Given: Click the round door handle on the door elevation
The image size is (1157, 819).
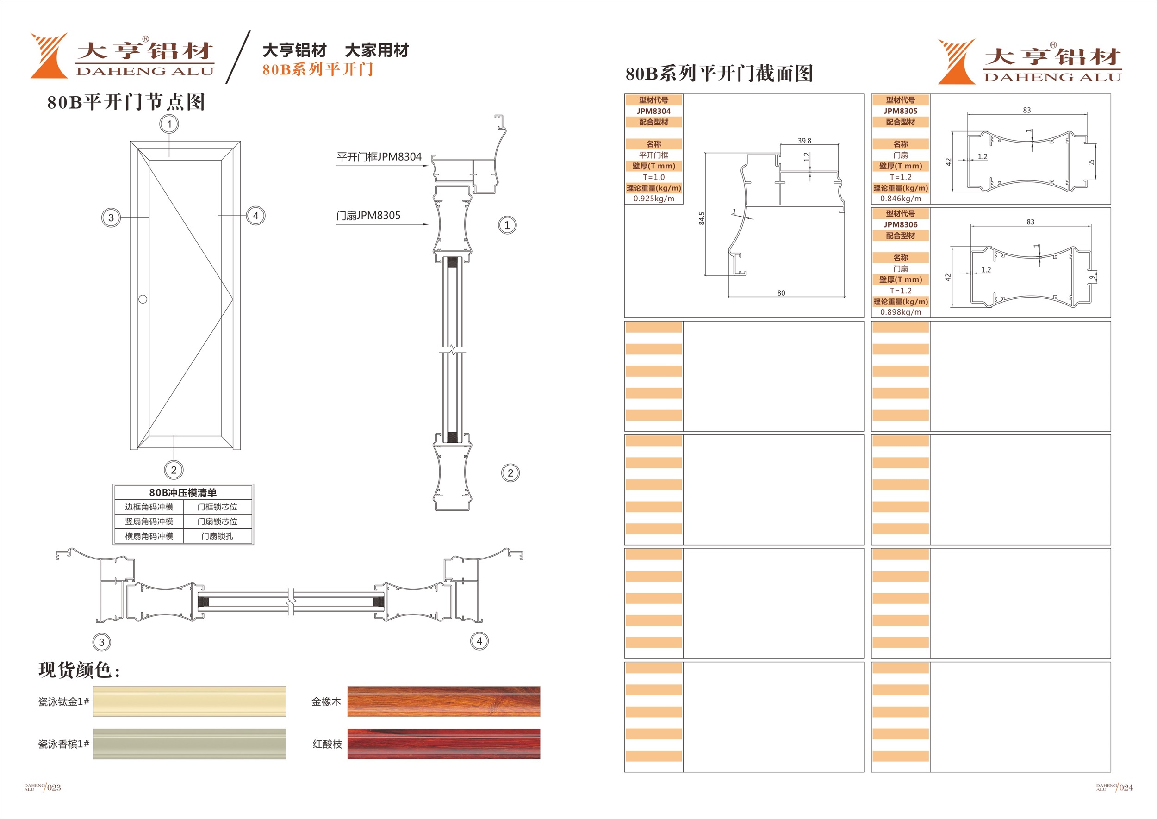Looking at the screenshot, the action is pyautogui.click(x=143, y=299).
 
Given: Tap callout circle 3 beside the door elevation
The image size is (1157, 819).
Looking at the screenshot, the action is pyautogui.click(x=111, y=218).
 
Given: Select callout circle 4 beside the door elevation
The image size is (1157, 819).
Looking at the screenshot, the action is pyautogui.click(x=256, y=216).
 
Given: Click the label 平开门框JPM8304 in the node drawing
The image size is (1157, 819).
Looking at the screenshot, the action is pyautogui.click(x=379, y=157).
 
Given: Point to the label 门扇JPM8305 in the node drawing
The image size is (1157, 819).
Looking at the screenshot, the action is pyautogui.click(x=368, y=216).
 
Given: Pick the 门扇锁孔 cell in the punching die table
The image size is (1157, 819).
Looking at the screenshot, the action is pyautogui.click(x=218, y=536).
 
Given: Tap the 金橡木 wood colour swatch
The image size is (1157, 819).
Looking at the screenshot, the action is pyautogui.click(x=444, y=701).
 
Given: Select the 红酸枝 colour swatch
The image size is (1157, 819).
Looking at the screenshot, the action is pyautogui.click(x=444, y=744).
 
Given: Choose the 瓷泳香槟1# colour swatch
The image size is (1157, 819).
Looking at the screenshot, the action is pyautogui.click(x=190, y=744).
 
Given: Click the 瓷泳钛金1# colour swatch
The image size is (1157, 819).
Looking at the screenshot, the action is pyautogui.click(x=190, y=701).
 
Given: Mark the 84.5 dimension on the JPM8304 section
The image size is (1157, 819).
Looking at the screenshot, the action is pyautogui.click(x=702, y=218).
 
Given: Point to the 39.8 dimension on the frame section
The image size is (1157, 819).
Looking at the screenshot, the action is pyautogui.click(x=804, y=141).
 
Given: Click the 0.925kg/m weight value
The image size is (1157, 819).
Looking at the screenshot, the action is pyautogui.click(x=653, y=199).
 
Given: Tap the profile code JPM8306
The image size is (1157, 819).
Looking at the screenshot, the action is pyautogui.click(x=900, y=224).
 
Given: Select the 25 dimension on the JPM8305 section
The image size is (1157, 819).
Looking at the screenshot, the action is pyautogui.click(x=1091, y=162).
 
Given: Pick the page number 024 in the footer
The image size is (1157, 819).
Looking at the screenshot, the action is pyautogui.click(x=1126, y=788).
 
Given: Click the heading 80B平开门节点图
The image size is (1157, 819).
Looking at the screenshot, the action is pyautogui.click(x=126, y=102).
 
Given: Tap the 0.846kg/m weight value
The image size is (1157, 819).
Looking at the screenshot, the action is pyautogui.click(x=900, y=199).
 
